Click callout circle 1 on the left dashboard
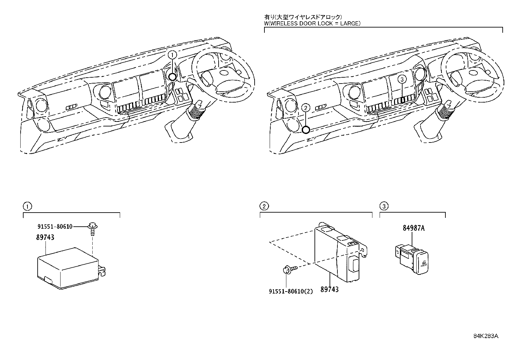click(173, 55)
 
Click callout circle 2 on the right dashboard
click(305, 107)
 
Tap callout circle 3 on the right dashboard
click(403, 79)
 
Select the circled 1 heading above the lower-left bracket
click(27, 206)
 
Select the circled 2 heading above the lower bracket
click(264, 206)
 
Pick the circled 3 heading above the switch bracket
click(384, 206)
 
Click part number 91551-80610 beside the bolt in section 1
click(54, 226)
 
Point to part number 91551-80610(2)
click(291, 291)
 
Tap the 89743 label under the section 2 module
click(329, 289)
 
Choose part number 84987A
click(414, 228)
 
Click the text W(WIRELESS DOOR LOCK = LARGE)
click(312, 23)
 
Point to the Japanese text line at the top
click(303, 17)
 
